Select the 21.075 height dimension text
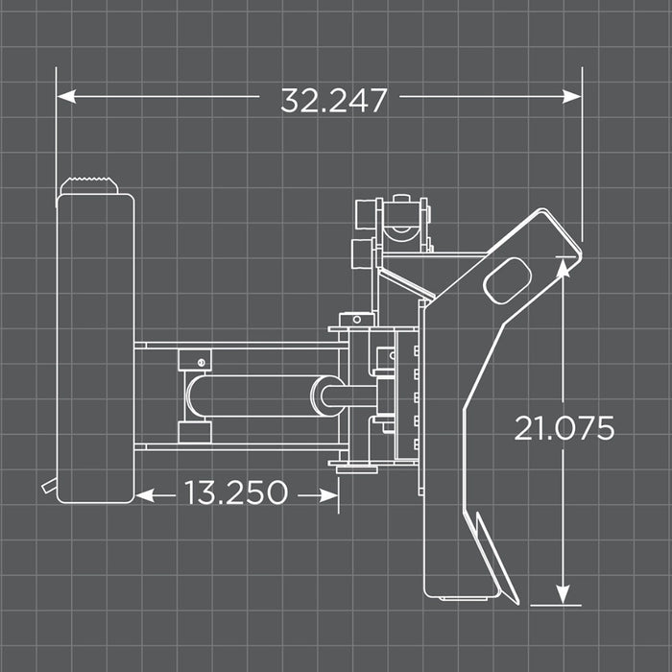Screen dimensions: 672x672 click(564, 428)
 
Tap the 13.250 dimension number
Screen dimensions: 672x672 click(236, 493)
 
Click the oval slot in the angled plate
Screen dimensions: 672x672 click(507, 279)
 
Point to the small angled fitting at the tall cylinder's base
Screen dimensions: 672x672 click(48, 487)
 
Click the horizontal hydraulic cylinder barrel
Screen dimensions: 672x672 click(254, 396)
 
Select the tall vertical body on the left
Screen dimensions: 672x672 click(95, 346)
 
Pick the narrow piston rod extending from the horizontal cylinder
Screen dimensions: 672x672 click(350, 396)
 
